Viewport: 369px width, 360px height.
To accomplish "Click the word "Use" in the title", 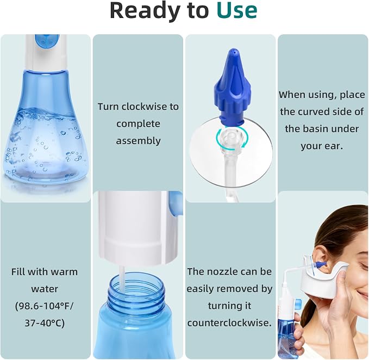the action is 237,10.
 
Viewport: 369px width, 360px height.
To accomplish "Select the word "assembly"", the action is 139,141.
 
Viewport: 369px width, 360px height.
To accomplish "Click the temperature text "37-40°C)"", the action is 45,323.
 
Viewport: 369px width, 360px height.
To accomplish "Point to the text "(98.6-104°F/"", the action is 45,306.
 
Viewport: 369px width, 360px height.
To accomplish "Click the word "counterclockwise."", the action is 229,322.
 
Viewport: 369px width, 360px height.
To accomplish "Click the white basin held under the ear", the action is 323,278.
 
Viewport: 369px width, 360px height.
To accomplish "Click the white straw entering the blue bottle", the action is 122,278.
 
